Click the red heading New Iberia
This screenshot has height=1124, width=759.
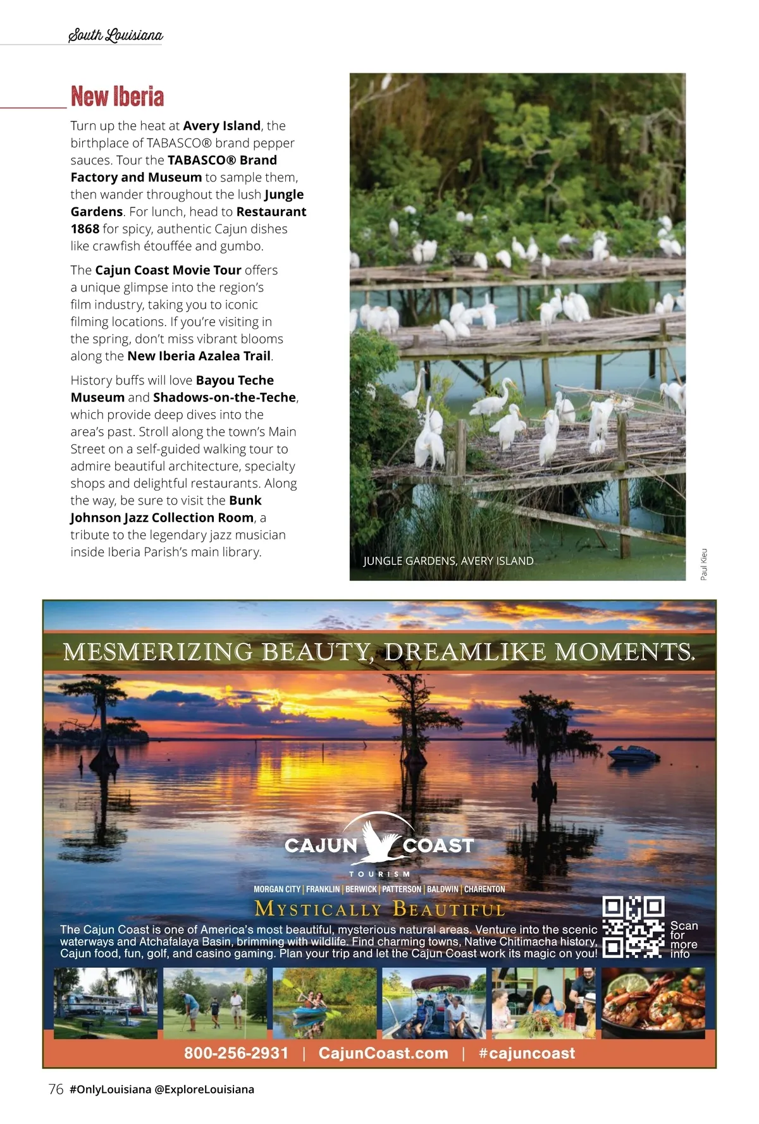118,97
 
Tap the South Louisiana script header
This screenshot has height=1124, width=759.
115,35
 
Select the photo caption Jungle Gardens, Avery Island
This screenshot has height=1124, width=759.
448,561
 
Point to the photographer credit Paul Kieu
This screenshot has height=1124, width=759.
704,564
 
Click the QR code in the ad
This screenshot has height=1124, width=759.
633,927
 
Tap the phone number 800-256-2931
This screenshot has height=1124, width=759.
236,1053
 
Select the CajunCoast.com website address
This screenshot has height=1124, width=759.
383,1053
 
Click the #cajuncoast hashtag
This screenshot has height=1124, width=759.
527,1053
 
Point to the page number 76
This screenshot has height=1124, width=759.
56,1089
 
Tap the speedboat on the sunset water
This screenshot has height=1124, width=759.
633,754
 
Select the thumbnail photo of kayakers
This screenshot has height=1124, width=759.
324,1003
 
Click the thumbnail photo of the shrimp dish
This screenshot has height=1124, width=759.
653,1003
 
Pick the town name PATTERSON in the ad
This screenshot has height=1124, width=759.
401,889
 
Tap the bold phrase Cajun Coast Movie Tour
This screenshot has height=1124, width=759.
168,270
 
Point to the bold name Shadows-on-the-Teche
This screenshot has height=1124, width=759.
225,397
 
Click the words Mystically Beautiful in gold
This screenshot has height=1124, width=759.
379,909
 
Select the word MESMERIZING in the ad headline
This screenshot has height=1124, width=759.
158,652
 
